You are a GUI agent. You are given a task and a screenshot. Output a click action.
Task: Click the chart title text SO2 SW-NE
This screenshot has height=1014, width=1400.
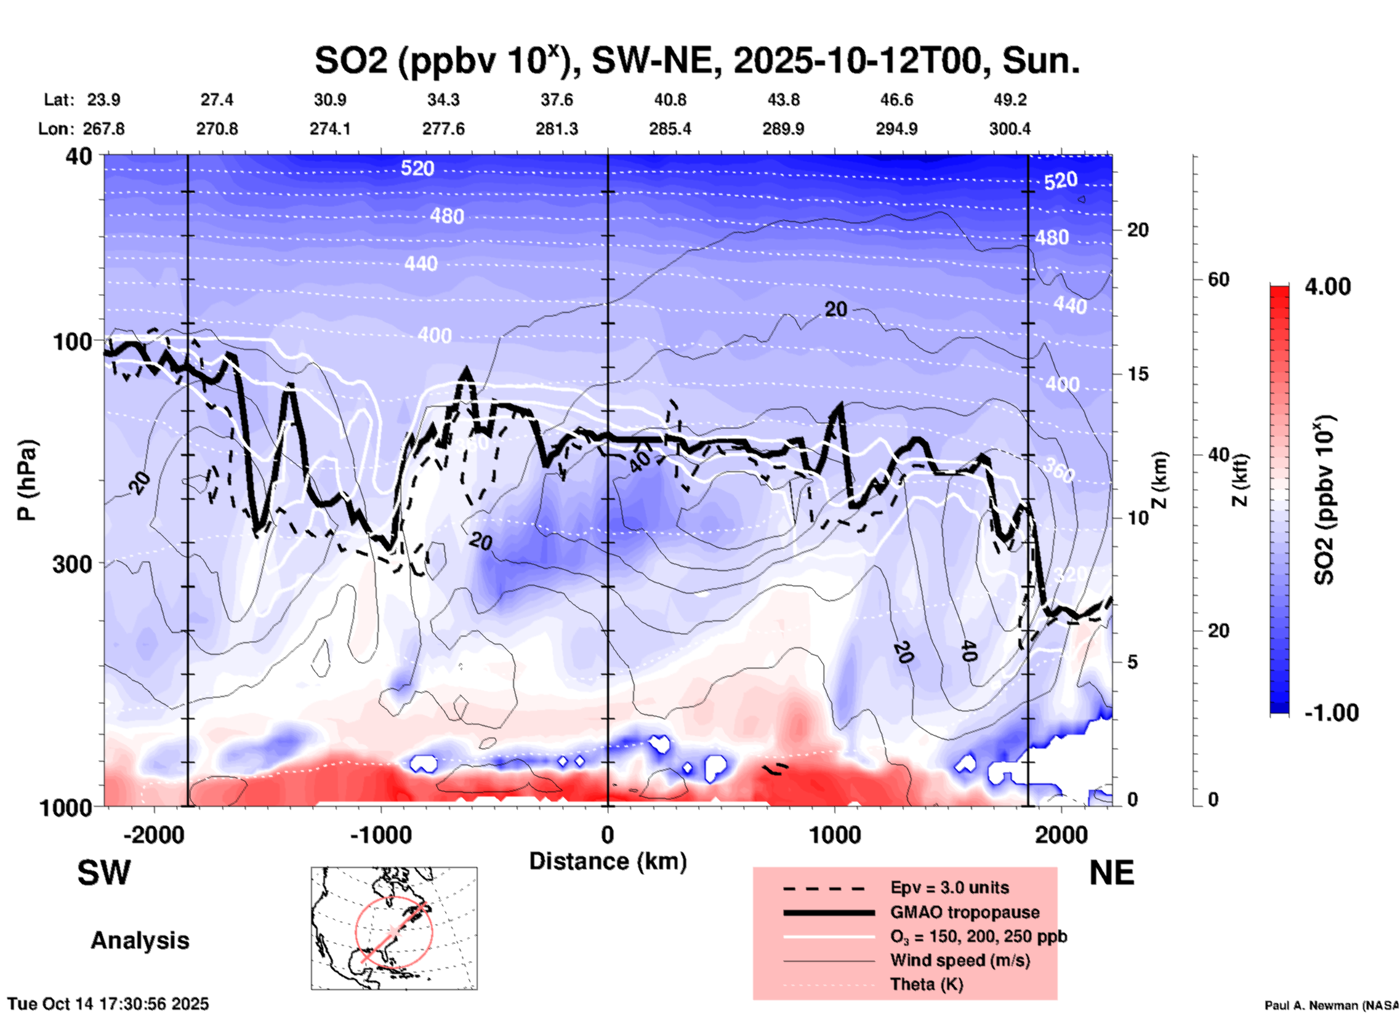696,61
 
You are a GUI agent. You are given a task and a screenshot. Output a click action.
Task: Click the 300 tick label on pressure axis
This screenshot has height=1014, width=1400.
72,564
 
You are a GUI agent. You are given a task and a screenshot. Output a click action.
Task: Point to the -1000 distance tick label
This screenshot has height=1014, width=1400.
380,835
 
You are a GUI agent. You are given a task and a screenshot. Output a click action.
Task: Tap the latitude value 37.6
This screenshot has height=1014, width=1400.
556,100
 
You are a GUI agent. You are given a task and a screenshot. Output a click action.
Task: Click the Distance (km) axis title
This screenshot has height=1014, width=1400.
608,861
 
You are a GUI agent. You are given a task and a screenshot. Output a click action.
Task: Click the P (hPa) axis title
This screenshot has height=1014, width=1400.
27,480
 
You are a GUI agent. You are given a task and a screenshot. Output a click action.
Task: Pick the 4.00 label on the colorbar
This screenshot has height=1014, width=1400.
1327,287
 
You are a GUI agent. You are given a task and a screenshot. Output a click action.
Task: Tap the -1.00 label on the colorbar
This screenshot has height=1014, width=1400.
1331,713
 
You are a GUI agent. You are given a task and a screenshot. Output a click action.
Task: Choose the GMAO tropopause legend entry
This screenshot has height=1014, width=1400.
965,912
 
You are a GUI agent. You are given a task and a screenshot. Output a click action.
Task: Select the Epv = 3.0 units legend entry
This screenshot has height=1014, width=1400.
949,887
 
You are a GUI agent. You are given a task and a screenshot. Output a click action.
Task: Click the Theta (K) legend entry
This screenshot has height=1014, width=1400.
926,984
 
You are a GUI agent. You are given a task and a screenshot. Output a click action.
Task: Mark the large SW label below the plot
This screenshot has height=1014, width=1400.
104,873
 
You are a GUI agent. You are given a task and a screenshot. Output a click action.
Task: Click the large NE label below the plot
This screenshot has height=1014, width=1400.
1111,873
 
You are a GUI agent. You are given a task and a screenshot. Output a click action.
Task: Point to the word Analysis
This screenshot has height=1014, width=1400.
140,941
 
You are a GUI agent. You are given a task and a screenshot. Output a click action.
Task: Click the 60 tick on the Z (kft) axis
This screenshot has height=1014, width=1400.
1218,279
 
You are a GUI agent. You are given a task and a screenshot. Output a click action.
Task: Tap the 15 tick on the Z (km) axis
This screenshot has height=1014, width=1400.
1138,374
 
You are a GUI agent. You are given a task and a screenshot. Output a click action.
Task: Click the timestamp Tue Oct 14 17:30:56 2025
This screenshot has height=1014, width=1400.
108,1004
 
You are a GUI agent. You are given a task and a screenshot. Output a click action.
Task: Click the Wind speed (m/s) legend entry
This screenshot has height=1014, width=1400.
960,960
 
